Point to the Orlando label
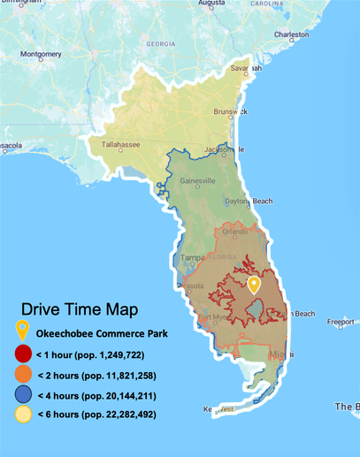click(x=235, y=232)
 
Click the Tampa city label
click(x=192, y=258)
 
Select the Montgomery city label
click(x=41, y=54)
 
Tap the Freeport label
click(x=340, y=323)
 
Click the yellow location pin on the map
click(x=254, y=286)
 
